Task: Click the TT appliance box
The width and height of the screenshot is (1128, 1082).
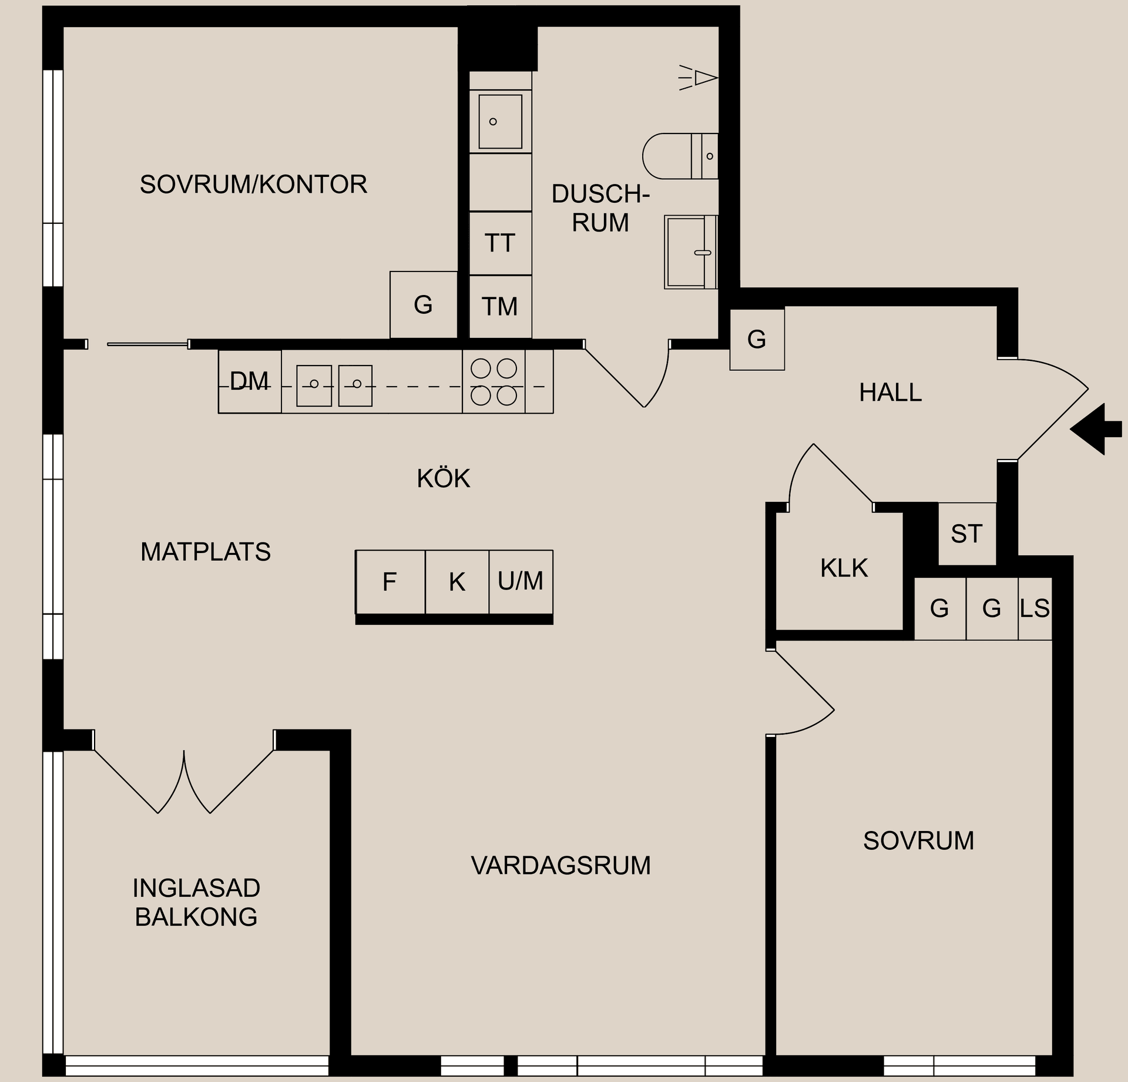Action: (x=500, y=243)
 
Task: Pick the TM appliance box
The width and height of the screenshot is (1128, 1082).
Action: (x=500, y=307)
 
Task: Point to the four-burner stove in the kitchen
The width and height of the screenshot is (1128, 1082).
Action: (x=493, y=381)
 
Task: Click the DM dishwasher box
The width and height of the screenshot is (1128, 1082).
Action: (x=250, y=382)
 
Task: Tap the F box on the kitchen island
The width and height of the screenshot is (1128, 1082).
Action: (x=390, y=582)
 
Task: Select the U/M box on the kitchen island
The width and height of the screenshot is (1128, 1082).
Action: (x=521, y=581)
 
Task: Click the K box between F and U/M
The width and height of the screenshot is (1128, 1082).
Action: (x=457, y=582)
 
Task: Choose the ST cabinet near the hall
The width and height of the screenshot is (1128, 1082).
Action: (x=966, y=534)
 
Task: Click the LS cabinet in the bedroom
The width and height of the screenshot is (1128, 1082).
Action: (x=1035, y=608)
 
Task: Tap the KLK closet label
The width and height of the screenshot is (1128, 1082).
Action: (x=844, y=568)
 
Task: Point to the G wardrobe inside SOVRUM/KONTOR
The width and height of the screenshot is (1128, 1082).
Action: (x=423, y=304)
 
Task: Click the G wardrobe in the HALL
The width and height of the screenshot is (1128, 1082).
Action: (x=757, y=339)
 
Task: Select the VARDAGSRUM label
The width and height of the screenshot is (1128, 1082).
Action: (x=560, y=866)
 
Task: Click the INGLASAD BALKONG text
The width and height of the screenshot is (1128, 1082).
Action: (x=196, y=902)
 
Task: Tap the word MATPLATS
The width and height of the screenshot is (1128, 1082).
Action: (x=206, y=552)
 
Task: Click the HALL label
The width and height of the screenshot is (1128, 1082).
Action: (x=890, y=393)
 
